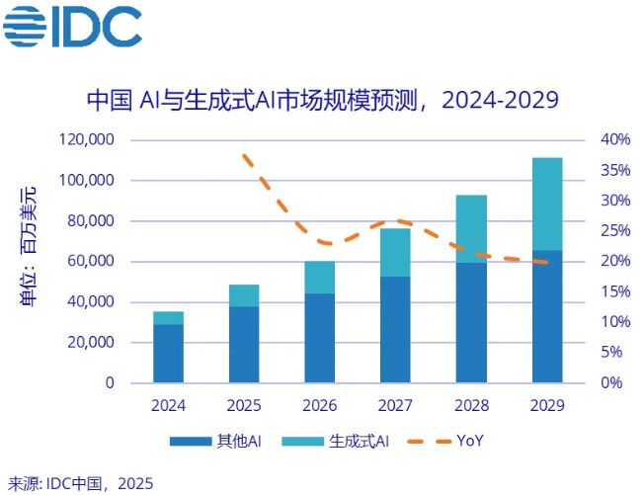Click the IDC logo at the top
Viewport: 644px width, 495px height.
[x=73, y=27]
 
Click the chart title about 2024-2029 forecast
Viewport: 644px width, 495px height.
[x=322, y=101]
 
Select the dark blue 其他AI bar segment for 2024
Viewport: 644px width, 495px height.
[x=168, y=353]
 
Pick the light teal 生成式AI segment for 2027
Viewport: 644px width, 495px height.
[x=395, y=252]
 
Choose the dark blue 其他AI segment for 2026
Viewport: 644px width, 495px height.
[x=319, y=337]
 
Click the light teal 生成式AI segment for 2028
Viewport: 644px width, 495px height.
[x=471, y=228]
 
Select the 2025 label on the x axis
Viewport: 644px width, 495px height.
[x=243, y=405]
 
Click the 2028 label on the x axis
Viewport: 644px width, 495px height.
[x=471, y=405]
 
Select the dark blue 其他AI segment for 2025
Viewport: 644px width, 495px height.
[x=243, y=344]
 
